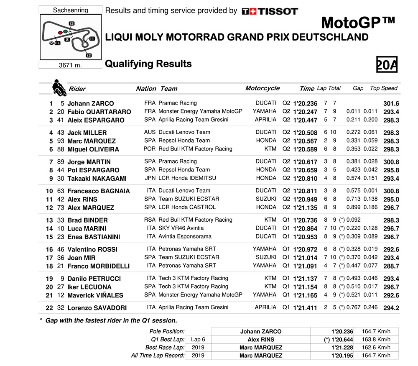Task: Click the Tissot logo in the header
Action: tap(270, 11)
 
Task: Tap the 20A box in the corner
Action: tap(387, 65)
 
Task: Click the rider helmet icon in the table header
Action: tap(58, 87)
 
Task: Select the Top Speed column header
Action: tap(384, 88)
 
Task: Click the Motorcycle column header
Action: tap(262, 88)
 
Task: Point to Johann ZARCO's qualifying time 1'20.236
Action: tap(305, 103)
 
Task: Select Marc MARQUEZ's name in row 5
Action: tap(92, 141)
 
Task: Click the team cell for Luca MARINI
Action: tap(181, 228)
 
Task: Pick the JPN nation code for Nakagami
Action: tap(150, 178)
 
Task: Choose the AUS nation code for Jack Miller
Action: tap(150, 132)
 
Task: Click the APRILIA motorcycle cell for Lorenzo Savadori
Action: tap(265, 307)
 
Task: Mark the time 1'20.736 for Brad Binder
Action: tap(305, 220)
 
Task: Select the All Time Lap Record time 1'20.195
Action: tap(342, 356)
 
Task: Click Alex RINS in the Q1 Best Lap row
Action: tap(261, 340)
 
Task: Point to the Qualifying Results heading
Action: tap(148, 64)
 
